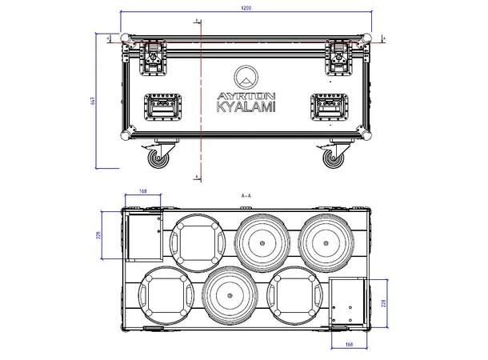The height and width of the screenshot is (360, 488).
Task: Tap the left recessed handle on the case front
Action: pos(162,106)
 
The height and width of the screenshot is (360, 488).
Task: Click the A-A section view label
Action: pos(245,195)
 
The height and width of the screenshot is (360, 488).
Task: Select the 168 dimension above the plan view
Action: pos(143,191)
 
